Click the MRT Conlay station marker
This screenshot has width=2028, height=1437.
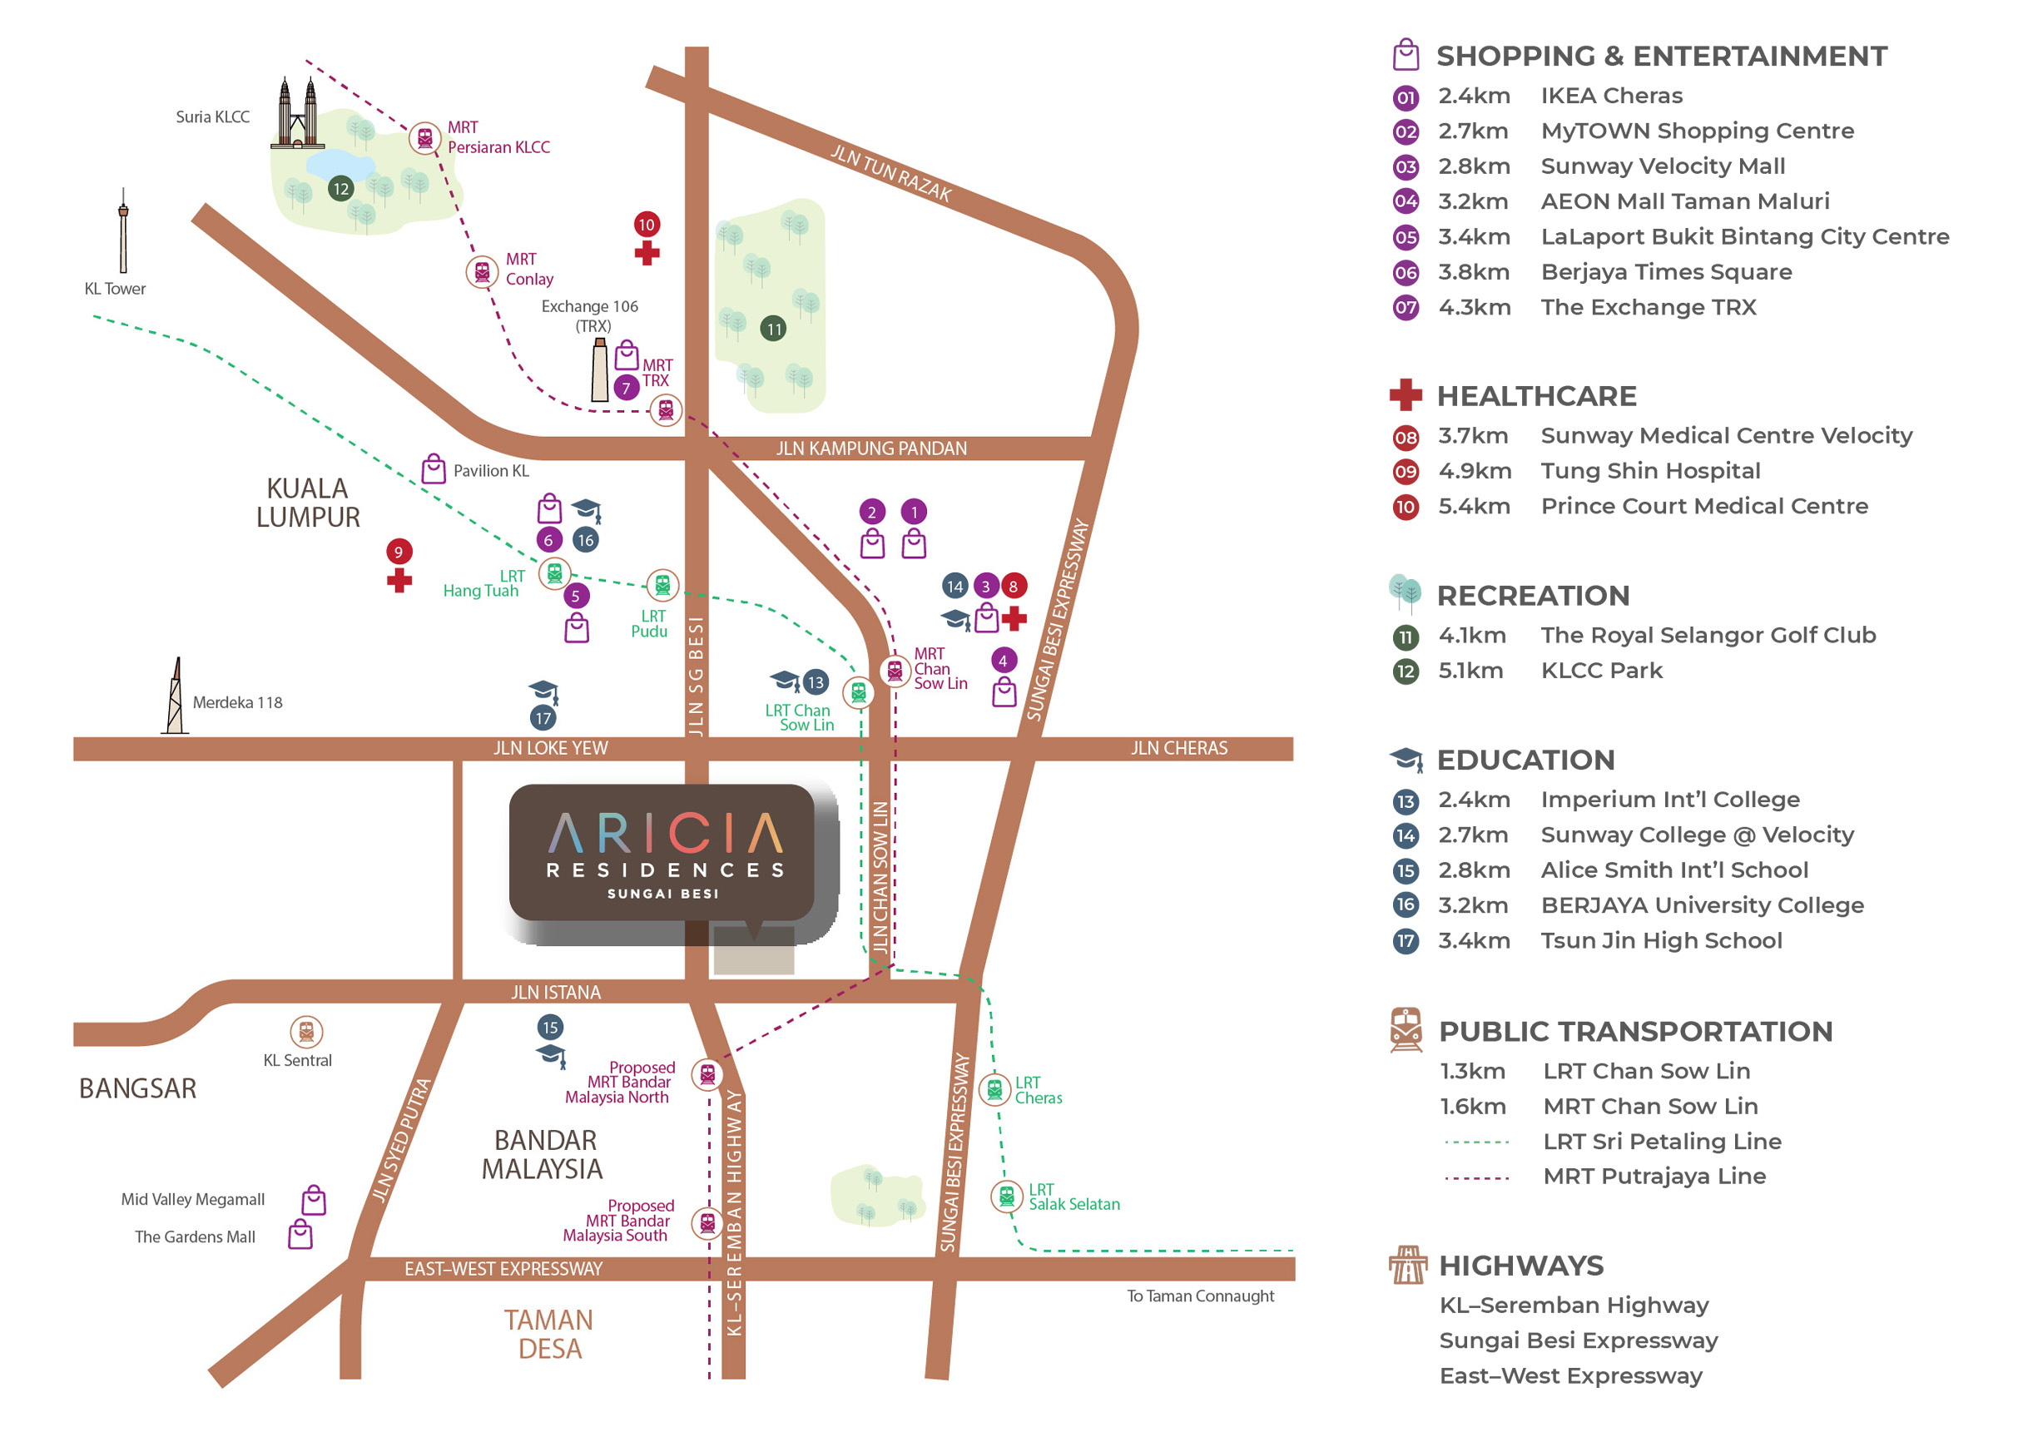pos(482,271)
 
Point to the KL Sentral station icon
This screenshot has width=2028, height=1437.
pos(306,1032)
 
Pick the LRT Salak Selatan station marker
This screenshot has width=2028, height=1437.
pos(1006,1197)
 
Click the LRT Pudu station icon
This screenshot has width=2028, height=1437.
pos(662,585)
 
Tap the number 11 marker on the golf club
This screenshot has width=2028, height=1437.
pos(773,330)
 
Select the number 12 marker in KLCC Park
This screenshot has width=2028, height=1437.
pos(340,189)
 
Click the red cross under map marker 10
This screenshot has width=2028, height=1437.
pos(647,253)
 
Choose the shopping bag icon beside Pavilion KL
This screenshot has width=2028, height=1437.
pos(434,469)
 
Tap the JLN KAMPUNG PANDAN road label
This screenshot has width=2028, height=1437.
pos(871,448)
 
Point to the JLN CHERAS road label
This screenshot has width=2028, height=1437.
pos(1178,749)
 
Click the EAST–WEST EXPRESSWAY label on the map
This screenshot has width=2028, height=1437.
pos(503,1269)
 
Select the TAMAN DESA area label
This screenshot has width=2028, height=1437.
pos(548,1335)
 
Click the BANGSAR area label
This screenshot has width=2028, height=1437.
pos(138,1088)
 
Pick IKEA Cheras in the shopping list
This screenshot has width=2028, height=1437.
pos(1611,96)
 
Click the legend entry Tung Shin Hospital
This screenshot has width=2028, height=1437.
pos(1650,471)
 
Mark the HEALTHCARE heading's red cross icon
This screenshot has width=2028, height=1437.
pos(1405,394)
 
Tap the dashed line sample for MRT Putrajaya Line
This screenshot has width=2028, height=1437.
pos(1476,1178)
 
